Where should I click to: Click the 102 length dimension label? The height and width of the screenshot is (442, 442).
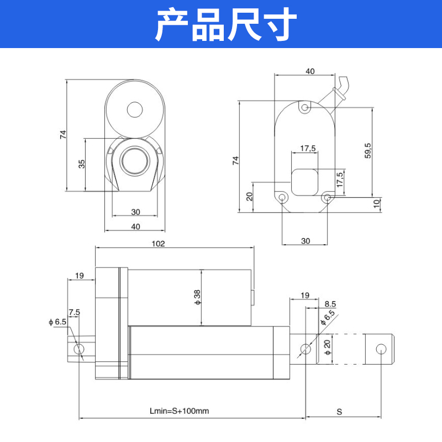pyautogui.click(x=159, y=243)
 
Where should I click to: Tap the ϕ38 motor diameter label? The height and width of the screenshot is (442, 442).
pyautogui.click(x=197, y=297)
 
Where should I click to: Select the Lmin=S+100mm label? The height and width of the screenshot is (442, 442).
pyautogui.click(x=179, y=412)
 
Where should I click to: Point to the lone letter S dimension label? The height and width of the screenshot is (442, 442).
pyautogui.click(x=340, y=412)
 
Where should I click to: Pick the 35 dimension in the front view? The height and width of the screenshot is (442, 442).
pyautogui.click(x=81, y=165)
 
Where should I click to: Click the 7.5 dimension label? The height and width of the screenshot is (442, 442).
pyautogui.click(x=74, y=312)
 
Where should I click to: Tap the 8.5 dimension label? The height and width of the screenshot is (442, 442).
pyautogui.click(x=330, y=304)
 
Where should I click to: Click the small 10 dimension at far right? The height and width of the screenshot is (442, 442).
pyautogui.click(x=377, y=203)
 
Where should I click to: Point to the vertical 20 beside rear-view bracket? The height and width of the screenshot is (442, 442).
pyautogui.click(x=249, y=196)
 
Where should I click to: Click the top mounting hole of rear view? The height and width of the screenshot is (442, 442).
pyautogui.click(x=304, y=108)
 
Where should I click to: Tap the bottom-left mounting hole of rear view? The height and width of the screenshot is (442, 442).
pyautogui.click(x=282, y=197)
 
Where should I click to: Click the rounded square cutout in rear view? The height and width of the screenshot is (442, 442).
pyautogui.click(x=305, y=182)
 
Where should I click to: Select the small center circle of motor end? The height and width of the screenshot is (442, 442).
pyautogui.click(x=134, y=109)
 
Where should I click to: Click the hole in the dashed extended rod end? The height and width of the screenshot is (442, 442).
pyautogui.click(x=381, y=349)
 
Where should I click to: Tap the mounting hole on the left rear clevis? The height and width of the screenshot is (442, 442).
pyautogui.click(x=79, y=349)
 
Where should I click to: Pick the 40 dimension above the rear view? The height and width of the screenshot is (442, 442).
pyautogui.click(x=310, y=71)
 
